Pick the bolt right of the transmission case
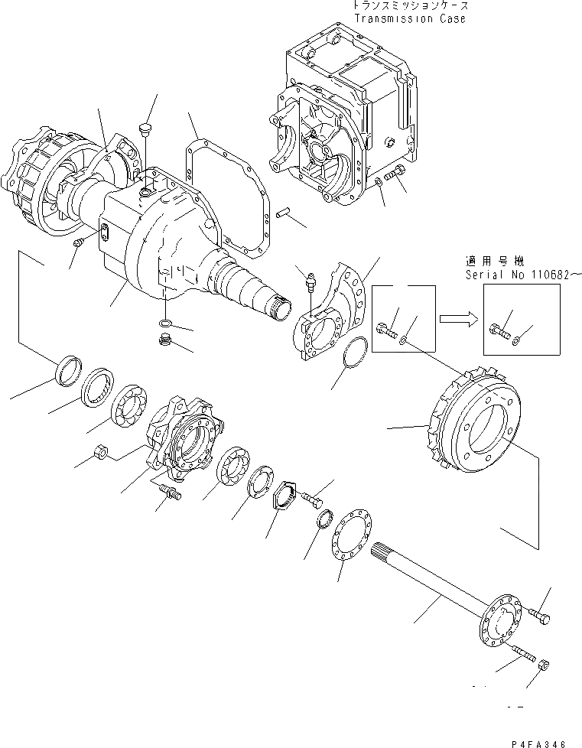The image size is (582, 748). pyautogui.click(x=396, y=176)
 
